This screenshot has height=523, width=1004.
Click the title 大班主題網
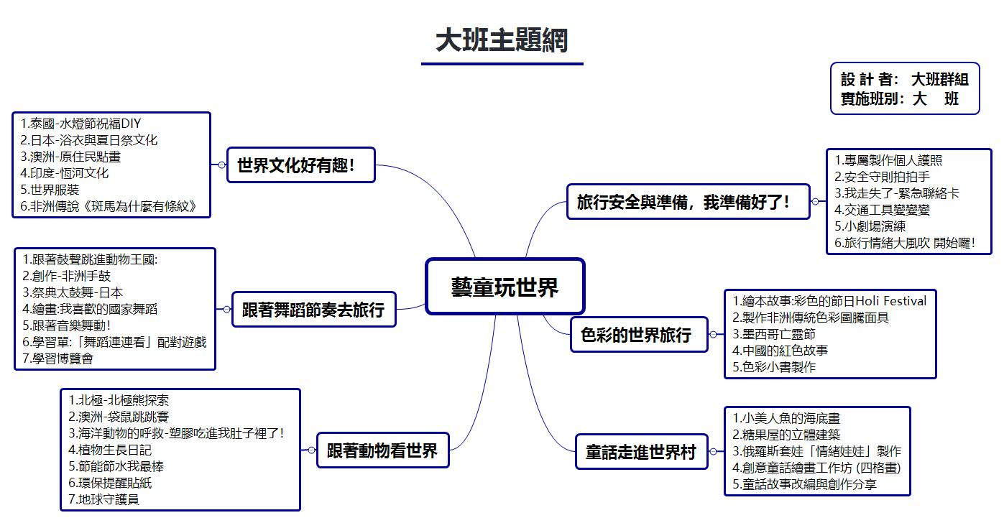pos(502,40)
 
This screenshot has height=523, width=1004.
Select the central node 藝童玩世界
pos(505,287)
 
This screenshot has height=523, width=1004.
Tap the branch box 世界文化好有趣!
pos(300,165)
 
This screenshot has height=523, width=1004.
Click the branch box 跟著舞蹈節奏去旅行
pos(313,310)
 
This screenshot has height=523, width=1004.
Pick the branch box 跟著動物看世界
pos(382,450)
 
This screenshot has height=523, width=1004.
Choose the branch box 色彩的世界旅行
pos(639,335)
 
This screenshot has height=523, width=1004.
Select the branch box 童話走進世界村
pos(640,452)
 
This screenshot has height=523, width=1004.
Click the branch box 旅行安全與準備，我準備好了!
pos(688,202)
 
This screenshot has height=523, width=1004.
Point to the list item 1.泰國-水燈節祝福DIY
pos(80,124)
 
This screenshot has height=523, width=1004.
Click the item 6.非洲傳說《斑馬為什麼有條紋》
pos(108,207)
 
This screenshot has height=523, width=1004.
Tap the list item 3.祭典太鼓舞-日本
pos(73,292)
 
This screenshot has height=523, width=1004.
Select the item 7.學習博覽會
pos(58,358)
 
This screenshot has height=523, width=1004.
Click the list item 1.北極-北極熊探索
pos(119,400)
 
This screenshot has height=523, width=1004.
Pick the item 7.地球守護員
pos(109,499)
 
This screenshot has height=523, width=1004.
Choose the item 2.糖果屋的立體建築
pos(786,435)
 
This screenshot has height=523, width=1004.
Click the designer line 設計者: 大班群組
pos(904,79)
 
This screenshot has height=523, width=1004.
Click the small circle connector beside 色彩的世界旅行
pos(713,335)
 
